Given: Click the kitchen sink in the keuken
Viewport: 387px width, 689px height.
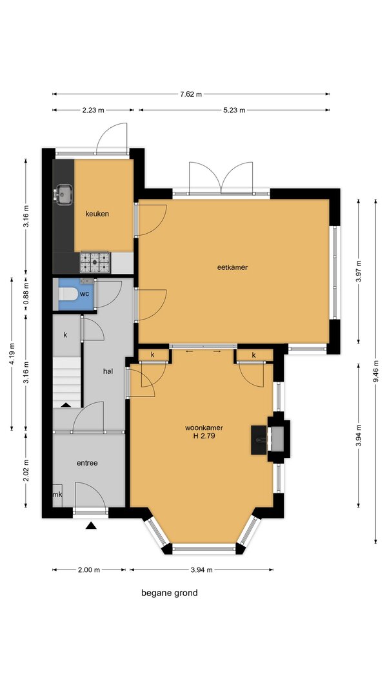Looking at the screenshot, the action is point(64,194).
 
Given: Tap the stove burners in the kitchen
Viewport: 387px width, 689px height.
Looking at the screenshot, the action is point(95,262).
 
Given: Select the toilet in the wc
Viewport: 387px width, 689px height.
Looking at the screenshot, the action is point(68,294).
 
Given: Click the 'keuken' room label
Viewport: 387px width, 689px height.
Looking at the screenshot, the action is point(97,214).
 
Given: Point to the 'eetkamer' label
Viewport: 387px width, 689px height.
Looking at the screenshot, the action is point(233,267).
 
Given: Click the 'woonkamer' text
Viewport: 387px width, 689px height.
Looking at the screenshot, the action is point(204,427).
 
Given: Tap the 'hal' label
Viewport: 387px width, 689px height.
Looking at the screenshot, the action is point(108,371).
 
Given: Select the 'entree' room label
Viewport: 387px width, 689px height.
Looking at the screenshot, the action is point(87,463).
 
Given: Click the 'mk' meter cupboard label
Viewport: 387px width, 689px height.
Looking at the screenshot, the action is point(57,495).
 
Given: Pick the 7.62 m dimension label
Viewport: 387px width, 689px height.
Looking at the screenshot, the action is point(191,94).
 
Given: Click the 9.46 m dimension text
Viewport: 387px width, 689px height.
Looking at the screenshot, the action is point(375,371).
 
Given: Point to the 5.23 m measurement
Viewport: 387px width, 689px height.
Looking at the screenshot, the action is point(234,110).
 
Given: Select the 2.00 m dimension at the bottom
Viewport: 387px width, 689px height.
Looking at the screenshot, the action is point(88,570).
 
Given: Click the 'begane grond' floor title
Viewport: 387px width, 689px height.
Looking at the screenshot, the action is point(170,593).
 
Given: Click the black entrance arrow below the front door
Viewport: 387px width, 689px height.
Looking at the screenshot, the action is point(91,524).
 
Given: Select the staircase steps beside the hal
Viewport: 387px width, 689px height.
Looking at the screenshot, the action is point(66,382).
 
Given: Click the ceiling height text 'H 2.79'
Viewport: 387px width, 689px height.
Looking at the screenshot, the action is point(204,437).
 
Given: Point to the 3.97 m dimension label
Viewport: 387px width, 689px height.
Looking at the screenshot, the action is point(359,272).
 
